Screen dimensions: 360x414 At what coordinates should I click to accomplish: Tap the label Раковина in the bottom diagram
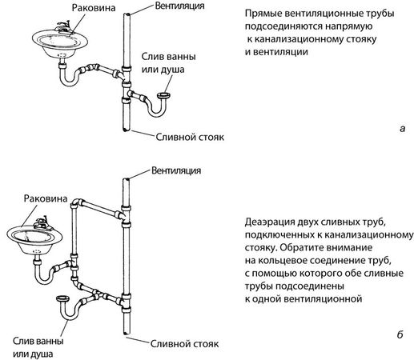tap(46, 198)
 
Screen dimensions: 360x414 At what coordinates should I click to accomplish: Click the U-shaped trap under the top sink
tap(67, 78)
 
